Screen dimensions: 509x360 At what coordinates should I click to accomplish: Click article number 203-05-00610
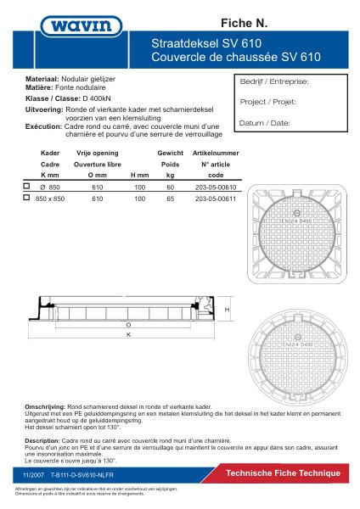click(215, 186)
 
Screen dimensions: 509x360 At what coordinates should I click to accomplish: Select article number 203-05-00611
click(215, 197)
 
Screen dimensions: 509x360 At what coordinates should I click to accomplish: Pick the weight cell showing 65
click(170, 197)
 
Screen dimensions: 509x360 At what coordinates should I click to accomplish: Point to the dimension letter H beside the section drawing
click(228, 310)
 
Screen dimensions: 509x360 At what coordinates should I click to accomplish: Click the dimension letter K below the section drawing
click(128, 335)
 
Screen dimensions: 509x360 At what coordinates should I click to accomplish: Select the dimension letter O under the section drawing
click(128, 325)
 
